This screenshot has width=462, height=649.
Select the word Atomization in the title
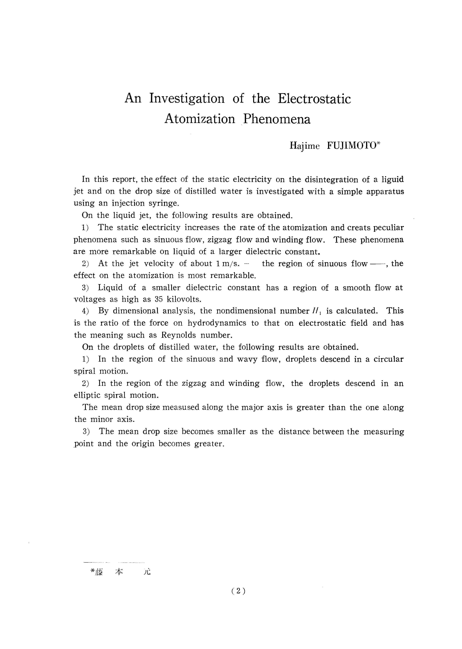point(200,119)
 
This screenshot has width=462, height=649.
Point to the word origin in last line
point(142,444)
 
